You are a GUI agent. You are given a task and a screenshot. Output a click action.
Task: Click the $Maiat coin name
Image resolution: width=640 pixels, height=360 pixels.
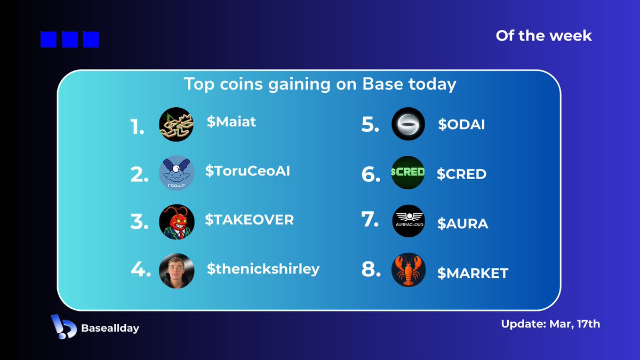tap(231, 122)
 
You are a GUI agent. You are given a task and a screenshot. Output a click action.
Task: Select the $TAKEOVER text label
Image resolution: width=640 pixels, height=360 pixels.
tap(250, 220)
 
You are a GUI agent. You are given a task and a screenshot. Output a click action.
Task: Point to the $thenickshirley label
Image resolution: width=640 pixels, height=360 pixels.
tap(263, 269)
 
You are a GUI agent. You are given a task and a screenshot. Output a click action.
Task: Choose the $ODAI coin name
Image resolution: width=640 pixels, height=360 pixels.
tap(461, 125)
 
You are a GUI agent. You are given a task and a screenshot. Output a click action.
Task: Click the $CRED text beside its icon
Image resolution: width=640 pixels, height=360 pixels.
tap(461, 174)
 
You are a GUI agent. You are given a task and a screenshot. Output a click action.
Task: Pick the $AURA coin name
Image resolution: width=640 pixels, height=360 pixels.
tap(462, 224)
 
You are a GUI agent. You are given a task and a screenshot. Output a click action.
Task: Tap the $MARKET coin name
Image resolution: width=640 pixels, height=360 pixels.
tap(473, 274)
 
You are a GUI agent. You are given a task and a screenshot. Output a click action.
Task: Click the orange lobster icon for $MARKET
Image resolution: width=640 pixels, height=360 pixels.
tap(409, 270)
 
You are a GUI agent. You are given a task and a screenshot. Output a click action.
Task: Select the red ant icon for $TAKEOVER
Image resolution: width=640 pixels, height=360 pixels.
tap(177, 221)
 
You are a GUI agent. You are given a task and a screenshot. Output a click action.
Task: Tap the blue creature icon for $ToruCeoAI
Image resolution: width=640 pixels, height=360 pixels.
tap(177, 173)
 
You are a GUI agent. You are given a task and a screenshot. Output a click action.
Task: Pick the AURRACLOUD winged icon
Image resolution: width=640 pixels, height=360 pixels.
tap(409, 221)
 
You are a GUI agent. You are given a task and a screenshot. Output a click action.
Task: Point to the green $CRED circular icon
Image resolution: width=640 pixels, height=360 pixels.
tap(409, 173)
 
